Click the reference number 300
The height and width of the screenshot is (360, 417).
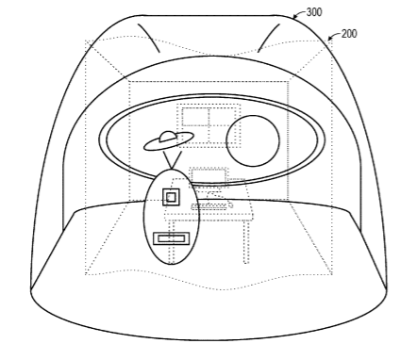pyautogui.click(x=314, y=12)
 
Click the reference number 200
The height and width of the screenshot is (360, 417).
pyautogui.click(x=349, y=34)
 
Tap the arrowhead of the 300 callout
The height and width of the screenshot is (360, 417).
pyautogui.click(x=294, y=17)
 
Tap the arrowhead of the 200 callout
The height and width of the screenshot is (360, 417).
pyautogui.click(x=330, y=39)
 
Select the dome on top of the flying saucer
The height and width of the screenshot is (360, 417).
pyautogui.click(x=168, y=137)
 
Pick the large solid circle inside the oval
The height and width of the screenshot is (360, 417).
pyautogui.click(x=253, y=140)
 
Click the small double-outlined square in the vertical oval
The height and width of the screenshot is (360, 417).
pyautogui.click(x=171, y=197)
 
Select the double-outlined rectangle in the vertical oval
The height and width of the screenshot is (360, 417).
pyautogui.click(x=172, y=238)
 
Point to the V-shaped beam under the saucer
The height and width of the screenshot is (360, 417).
pyautogui.click(x=172, y=160)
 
